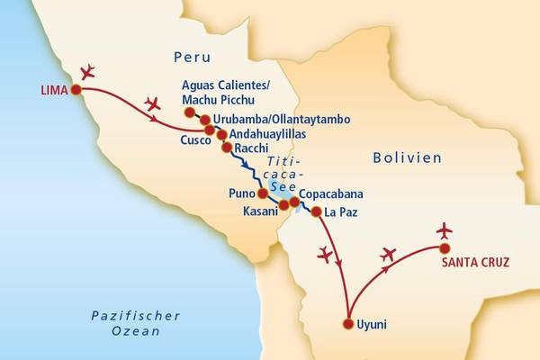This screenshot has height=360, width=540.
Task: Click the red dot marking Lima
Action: (76, 89)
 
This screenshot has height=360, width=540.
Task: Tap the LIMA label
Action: (53, 89)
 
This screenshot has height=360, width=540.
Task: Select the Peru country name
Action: (193, 57)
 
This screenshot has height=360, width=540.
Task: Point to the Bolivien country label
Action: (407, 157)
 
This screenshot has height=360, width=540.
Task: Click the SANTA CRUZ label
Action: (475, 263)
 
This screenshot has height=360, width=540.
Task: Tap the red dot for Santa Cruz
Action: (445, 247)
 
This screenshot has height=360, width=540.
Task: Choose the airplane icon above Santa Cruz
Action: (444, 230)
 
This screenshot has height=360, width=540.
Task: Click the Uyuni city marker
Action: (348, 324)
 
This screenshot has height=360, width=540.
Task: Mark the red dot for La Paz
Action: (316, 211)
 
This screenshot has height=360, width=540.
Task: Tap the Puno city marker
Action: (262, 193)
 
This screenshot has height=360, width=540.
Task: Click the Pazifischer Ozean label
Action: (136, 323)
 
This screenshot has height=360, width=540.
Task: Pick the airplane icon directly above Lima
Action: (88, 71)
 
